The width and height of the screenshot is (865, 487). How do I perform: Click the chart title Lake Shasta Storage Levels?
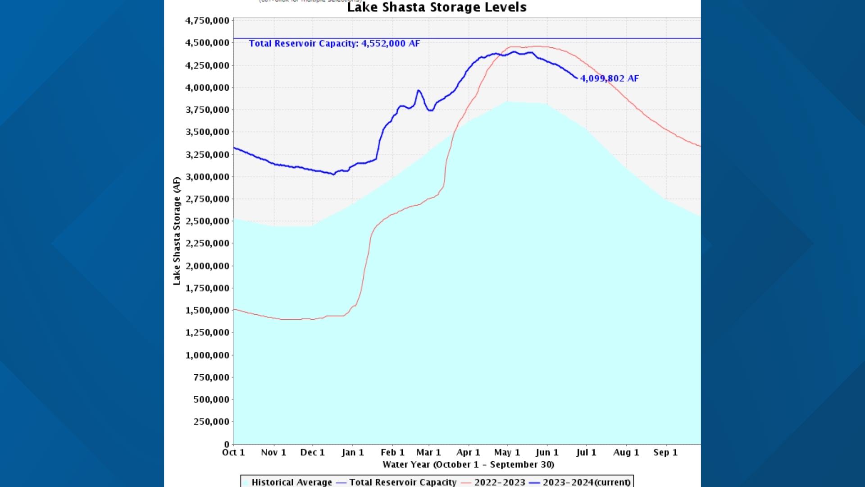(437, 7)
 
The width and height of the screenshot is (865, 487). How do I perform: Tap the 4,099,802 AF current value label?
(609, 78)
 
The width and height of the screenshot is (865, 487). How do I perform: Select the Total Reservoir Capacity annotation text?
(334, 44)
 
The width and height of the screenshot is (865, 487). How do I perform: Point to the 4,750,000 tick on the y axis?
(207, 21)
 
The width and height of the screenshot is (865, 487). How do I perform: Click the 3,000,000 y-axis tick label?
(207, 177)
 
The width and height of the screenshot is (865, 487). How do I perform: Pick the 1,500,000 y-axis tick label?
(207, 310)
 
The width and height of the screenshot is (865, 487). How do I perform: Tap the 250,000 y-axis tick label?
(211, 422)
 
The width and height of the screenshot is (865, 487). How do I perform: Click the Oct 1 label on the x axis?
(233, 452)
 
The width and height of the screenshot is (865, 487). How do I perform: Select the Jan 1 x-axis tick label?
(352, 452)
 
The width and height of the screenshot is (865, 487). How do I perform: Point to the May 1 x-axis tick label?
(507, 452)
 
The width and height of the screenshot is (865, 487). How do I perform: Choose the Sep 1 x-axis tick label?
(665, 452)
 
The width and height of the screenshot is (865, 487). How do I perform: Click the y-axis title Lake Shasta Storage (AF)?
(177, 231)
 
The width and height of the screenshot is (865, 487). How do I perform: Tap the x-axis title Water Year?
(468, 464)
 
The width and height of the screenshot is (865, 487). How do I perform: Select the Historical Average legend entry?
(291, 482)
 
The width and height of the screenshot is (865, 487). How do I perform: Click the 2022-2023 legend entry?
(499, 482)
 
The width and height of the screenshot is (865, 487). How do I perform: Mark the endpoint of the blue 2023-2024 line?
(577, 78)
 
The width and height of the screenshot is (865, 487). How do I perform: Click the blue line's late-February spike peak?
(419, 91)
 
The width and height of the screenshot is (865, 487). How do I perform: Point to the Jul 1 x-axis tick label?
(586, 452)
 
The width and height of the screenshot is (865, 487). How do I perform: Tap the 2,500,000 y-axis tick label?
(207, 221)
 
